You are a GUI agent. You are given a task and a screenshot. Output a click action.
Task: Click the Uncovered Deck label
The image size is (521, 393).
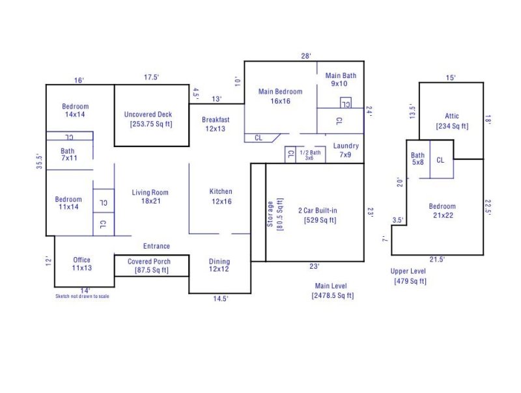[x=148, y=119]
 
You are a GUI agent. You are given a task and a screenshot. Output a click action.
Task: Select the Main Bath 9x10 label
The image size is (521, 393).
[x=341, y=79]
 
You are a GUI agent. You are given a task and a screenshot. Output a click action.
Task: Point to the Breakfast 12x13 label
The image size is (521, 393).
[x=216, y=124]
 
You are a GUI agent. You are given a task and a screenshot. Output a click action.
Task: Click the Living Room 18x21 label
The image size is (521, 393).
[x=150, y=197]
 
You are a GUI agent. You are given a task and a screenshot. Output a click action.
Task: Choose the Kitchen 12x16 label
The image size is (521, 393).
[x=220, y=196]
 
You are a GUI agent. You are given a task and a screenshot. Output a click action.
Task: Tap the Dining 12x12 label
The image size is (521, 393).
[x=219, y=265]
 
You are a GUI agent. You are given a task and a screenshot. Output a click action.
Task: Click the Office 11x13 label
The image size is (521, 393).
[x=82, y=264]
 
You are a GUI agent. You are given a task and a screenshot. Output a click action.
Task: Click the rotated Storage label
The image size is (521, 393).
[x=275, y=211]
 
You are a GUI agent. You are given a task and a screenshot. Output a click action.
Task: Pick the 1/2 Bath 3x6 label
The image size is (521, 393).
[x=310, y=155]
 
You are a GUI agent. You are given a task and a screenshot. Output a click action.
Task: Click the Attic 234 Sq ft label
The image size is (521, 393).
[x=452, y=121]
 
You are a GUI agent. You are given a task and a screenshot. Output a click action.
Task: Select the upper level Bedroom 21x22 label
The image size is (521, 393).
[x=442, y=211]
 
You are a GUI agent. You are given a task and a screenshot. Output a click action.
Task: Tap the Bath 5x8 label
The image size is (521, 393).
[x=417, y=159]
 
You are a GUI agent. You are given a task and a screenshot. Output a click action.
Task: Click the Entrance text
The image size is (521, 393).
[x=156, y=246]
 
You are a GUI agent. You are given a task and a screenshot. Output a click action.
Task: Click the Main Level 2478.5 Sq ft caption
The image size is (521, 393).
[x=332, y=291]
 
